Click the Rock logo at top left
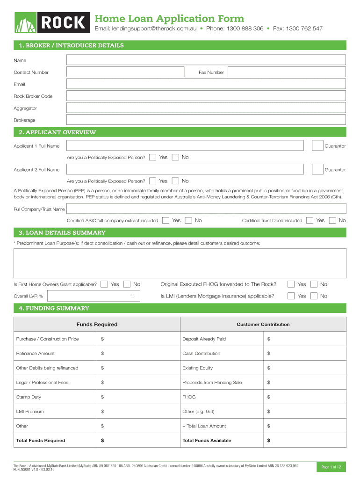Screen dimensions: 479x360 point(51,22)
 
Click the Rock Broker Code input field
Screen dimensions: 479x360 point(206,96)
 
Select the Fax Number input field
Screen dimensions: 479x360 point(287,72)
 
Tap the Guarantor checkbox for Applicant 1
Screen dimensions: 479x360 point(317,146)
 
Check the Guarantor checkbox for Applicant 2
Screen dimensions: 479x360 point(317,169)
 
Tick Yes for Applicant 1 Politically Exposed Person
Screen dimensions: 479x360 point(152,157)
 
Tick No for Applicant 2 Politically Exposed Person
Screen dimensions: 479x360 point(175,181)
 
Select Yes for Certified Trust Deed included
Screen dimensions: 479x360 point(310,220)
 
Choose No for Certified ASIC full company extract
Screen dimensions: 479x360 point(188,220)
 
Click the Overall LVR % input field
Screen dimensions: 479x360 point(94,296)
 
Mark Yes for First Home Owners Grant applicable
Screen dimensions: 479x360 point(104,284)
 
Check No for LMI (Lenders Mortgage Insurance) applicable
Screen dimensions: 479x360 point(314,296)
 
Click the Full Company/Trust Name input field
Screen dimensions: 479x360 point(206,209)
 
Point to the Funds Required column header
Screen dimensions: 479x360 point(97,324)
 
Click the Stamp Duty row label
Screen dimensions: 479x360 point(29,397)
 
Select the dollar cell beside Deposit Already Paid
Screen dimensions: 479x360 point(305,339)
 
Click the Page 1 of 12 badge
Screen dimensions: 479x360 point(331,467)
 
